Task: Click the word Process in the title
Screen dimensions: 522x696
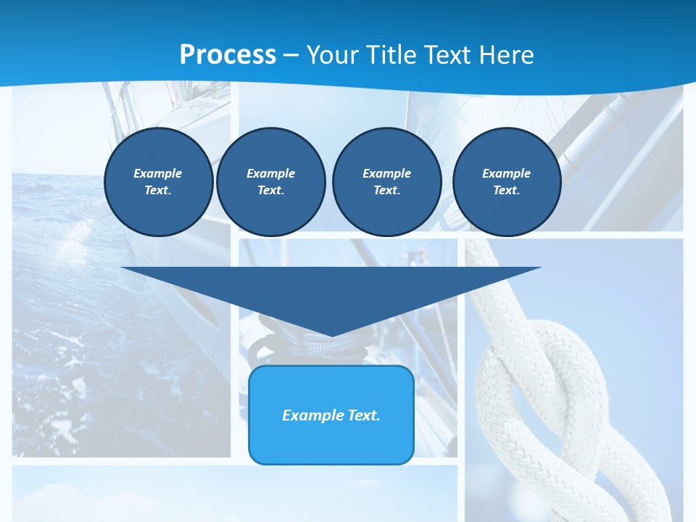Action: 228,55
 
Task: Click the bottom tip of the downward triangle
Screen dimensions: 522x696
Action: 331,335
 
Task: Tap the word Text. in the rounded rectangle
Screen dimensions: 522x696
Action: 365,415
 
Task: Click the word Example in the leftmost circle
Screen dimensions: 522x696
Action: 158,173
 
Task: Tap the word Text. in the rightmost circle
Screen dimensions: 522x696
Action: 506,190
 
